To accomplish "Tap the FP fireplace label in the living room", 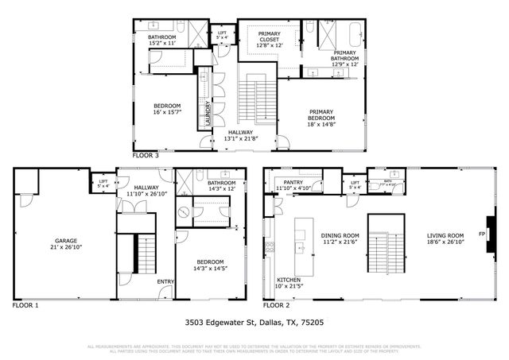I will point(481,234).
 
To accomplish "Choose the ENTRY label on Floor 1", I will point(165,281).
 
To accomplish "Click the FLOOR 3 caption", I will point(146,156).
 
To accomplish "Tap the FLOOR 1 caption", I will point(26,305).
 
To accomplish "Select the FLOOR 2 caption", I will point(277,305).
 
